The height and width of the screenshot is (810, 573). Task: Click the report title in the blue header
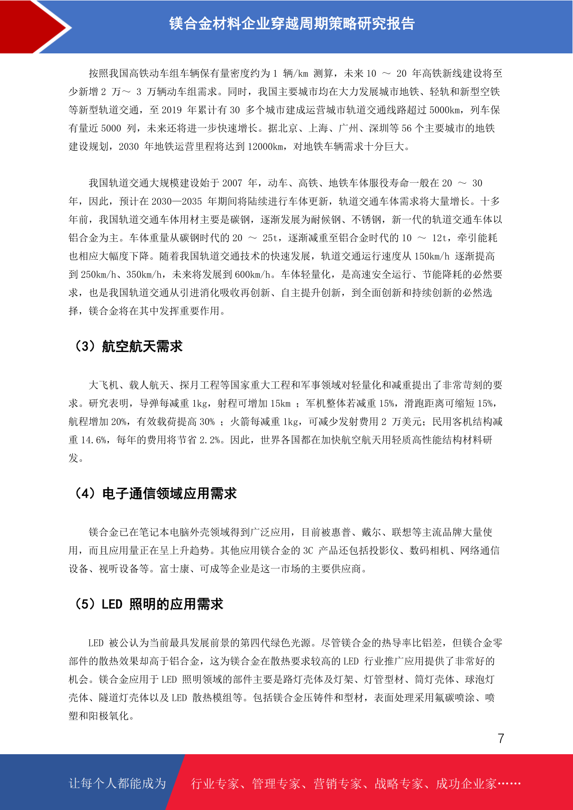point(292,24)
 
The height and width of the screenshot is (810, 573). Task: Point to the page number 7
point(501,738)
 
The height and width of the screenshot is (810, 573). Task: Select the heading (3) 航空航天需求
point(127,346)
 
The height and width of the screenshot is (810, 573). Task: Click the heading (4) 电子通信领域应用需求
point(154,494)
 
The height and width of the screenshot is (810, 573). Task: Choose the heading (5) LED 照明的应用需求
point(148,604)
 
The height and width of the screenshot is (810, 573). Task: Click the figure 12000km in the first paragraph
point(266,147)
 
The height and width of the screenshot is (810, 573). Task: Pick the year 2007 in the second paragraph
point(232,183)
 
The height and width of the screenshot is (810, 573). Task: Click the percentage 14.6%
point(94,440)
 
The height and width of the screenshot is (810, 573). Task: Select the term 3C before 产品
point(308,551)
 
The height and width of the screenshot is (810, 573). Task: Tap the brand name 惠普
point(342,532)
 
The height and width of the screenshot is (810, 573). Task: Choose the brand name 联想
point(402,532)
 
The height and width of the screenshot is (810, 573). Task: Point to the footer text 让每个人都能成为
point(117,784)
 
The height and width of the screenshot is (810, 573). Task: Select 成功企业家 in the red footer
point(466,784)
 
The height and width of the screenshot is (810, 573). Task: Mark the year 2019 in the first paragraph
point(172,110)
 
